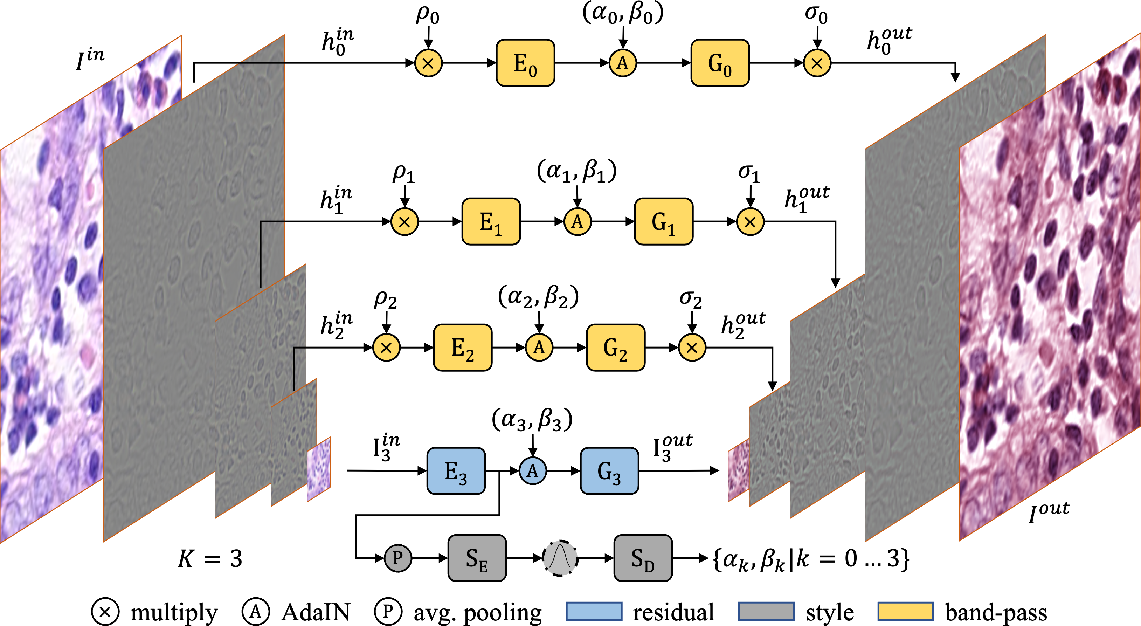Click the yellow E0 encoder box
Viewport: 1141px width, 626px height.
(525, 63)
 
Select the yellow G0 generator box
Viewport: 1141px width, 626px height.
(720, 63)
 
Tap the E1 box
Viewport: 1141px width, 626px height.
(491, 221)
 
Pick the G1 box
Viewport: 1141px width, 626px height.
(664, 221)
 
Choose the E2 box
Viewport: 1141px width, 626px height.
(462, 348)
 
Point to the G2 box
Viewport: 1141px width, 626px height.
(615, 348)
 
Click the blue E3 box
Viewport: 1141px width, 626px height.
(456, 471)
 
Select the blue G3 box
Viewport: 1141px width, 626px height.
(609, 471)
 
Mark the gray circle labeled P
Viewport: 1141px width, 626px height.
(398, 558)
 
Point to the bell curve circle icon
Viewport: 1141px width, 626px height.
(560, 558)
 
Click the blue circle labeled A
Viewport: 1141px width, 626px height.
(532, 470)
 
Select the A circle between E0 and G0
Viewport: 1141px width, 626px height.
(623, 63)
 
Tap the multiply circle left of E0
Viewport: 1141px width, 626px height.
(428, 63)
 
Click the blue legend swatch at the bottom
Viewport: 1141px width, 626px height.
(594, 611)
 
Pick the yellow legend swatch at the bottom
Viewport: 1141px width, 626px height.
(905, 611)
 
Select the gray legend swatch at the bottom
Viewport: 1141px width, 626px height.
(766, 611)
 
